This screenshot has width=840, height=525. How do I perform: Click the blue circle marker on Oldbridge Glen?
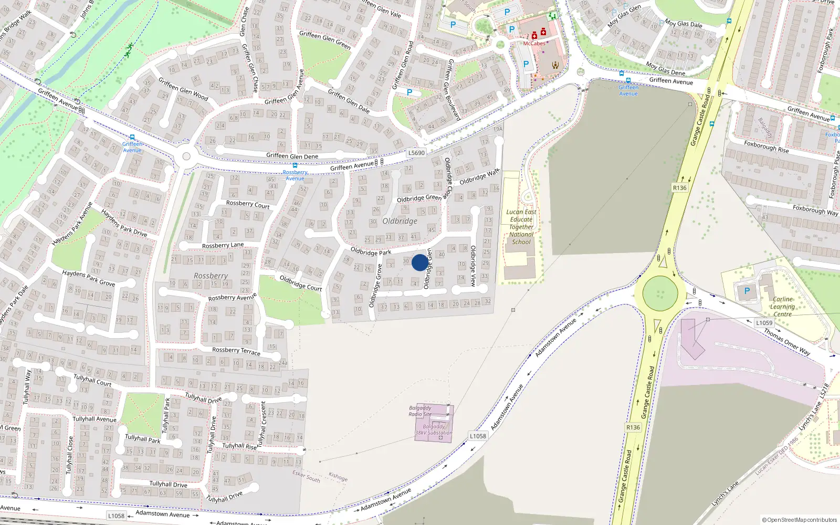419,262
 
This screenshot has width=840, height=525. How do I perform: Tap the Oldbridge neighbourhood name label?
400,221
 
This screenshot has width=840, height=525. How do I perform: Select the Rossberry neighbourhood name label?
211,276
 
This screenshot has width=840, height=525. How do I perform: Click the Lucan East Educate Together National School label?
521,227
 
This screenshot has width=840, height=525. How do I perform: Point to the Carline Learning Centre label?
782,307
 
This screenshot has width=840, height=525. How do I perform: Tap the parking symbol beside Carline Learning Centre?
747,291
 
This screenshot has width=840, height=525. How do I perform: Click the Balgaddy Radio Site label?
420,411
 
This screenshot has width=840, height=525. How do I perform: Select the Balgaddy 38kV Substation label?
433,430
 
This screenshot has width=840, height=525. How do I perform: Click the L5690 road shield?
416,153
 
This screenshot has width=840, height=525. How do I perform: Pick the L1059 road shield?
764,323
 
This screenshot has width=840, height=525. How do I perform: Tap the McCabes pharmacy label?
534,44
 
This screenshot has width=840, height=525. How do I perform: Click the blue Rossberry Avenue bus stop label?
295,175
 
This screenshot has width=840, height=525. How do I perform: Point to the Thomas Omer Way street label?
787,342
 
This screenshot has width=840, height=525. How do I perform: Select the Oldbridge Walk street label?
479,177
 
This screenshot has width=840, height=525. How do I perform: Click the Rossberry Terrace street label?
236,351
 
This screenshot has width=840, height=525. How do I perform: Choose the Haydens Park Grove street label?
88,278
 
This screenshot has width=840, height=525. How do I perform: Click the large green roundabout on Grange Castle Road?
660,293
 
